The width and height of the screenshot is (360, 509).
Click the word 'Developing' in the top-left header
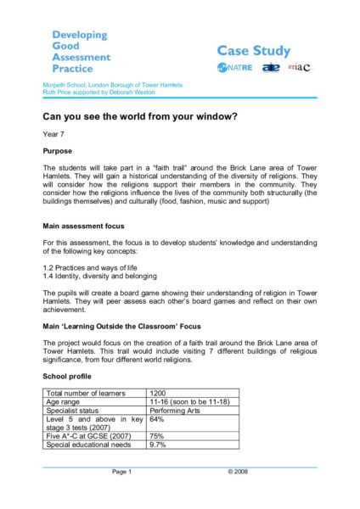pyautogui.click(x=80, y=35)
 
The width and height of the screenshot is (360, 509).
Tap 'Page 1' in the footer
pyautogui.click(x=121, y=471)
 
